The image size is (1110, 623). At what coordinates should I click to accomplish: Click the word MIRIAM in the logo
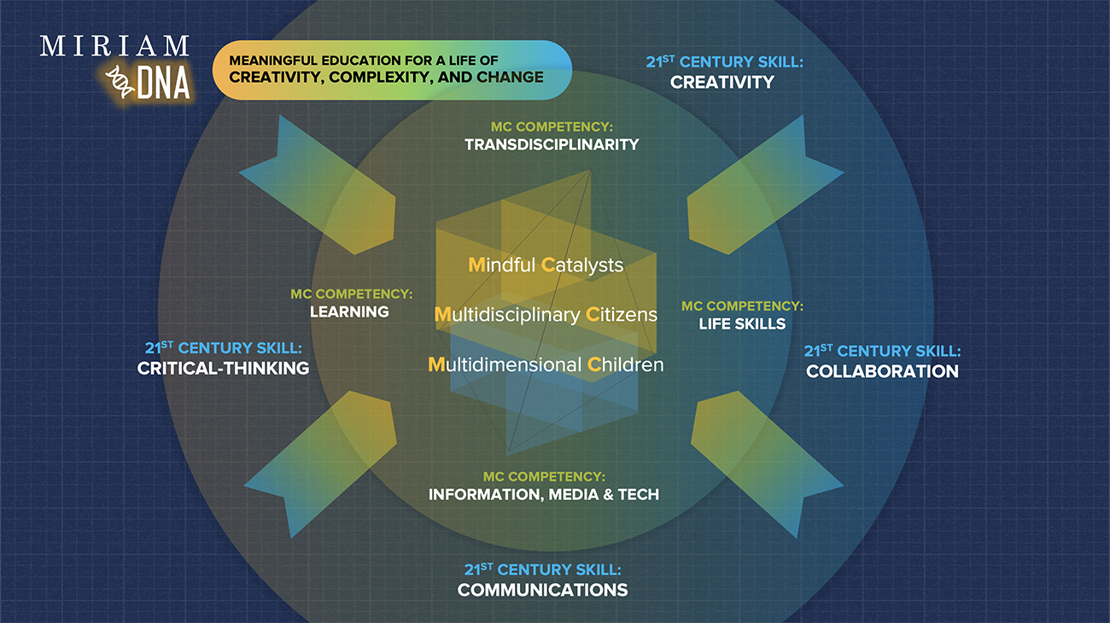point(114,45)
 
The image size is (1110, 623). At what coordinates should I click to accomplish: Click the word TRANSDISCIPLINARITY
point(552,144)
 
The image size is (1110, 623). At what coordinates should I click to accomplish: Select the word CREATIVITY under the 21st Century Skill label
point(721,82)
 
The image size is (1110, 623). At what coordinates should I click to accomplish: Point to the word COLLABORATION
point(882,371)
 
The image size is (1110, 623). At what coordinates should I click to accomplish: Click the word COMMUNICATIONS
point(542,590)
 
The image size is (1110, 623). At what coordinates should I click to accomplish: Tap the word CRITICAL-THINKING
point(223,368)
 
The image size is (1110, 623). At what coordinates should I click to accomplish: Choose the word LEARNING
point(349,311)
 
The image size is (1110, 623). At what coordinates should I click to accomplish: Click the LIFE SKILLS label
point(742,323)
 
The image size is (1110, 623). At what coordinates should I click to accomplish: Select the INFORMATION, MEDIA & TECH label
point(543,494)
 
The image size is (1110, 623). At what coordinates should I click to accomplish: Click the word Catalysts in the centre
point(582,265)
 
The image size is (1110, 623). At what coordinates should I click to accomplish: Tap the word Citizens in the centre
point(622,315)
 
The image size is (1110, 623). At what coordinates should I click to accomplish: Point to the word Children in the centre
point(625,364)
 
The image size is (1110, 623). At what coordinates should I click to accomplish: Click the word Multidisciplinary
point(507,315)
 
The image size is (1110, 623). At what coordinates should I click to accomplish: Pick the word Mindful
point(501,265)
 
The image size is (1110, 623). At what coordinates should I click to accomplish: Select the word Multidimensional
point(504,364)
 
